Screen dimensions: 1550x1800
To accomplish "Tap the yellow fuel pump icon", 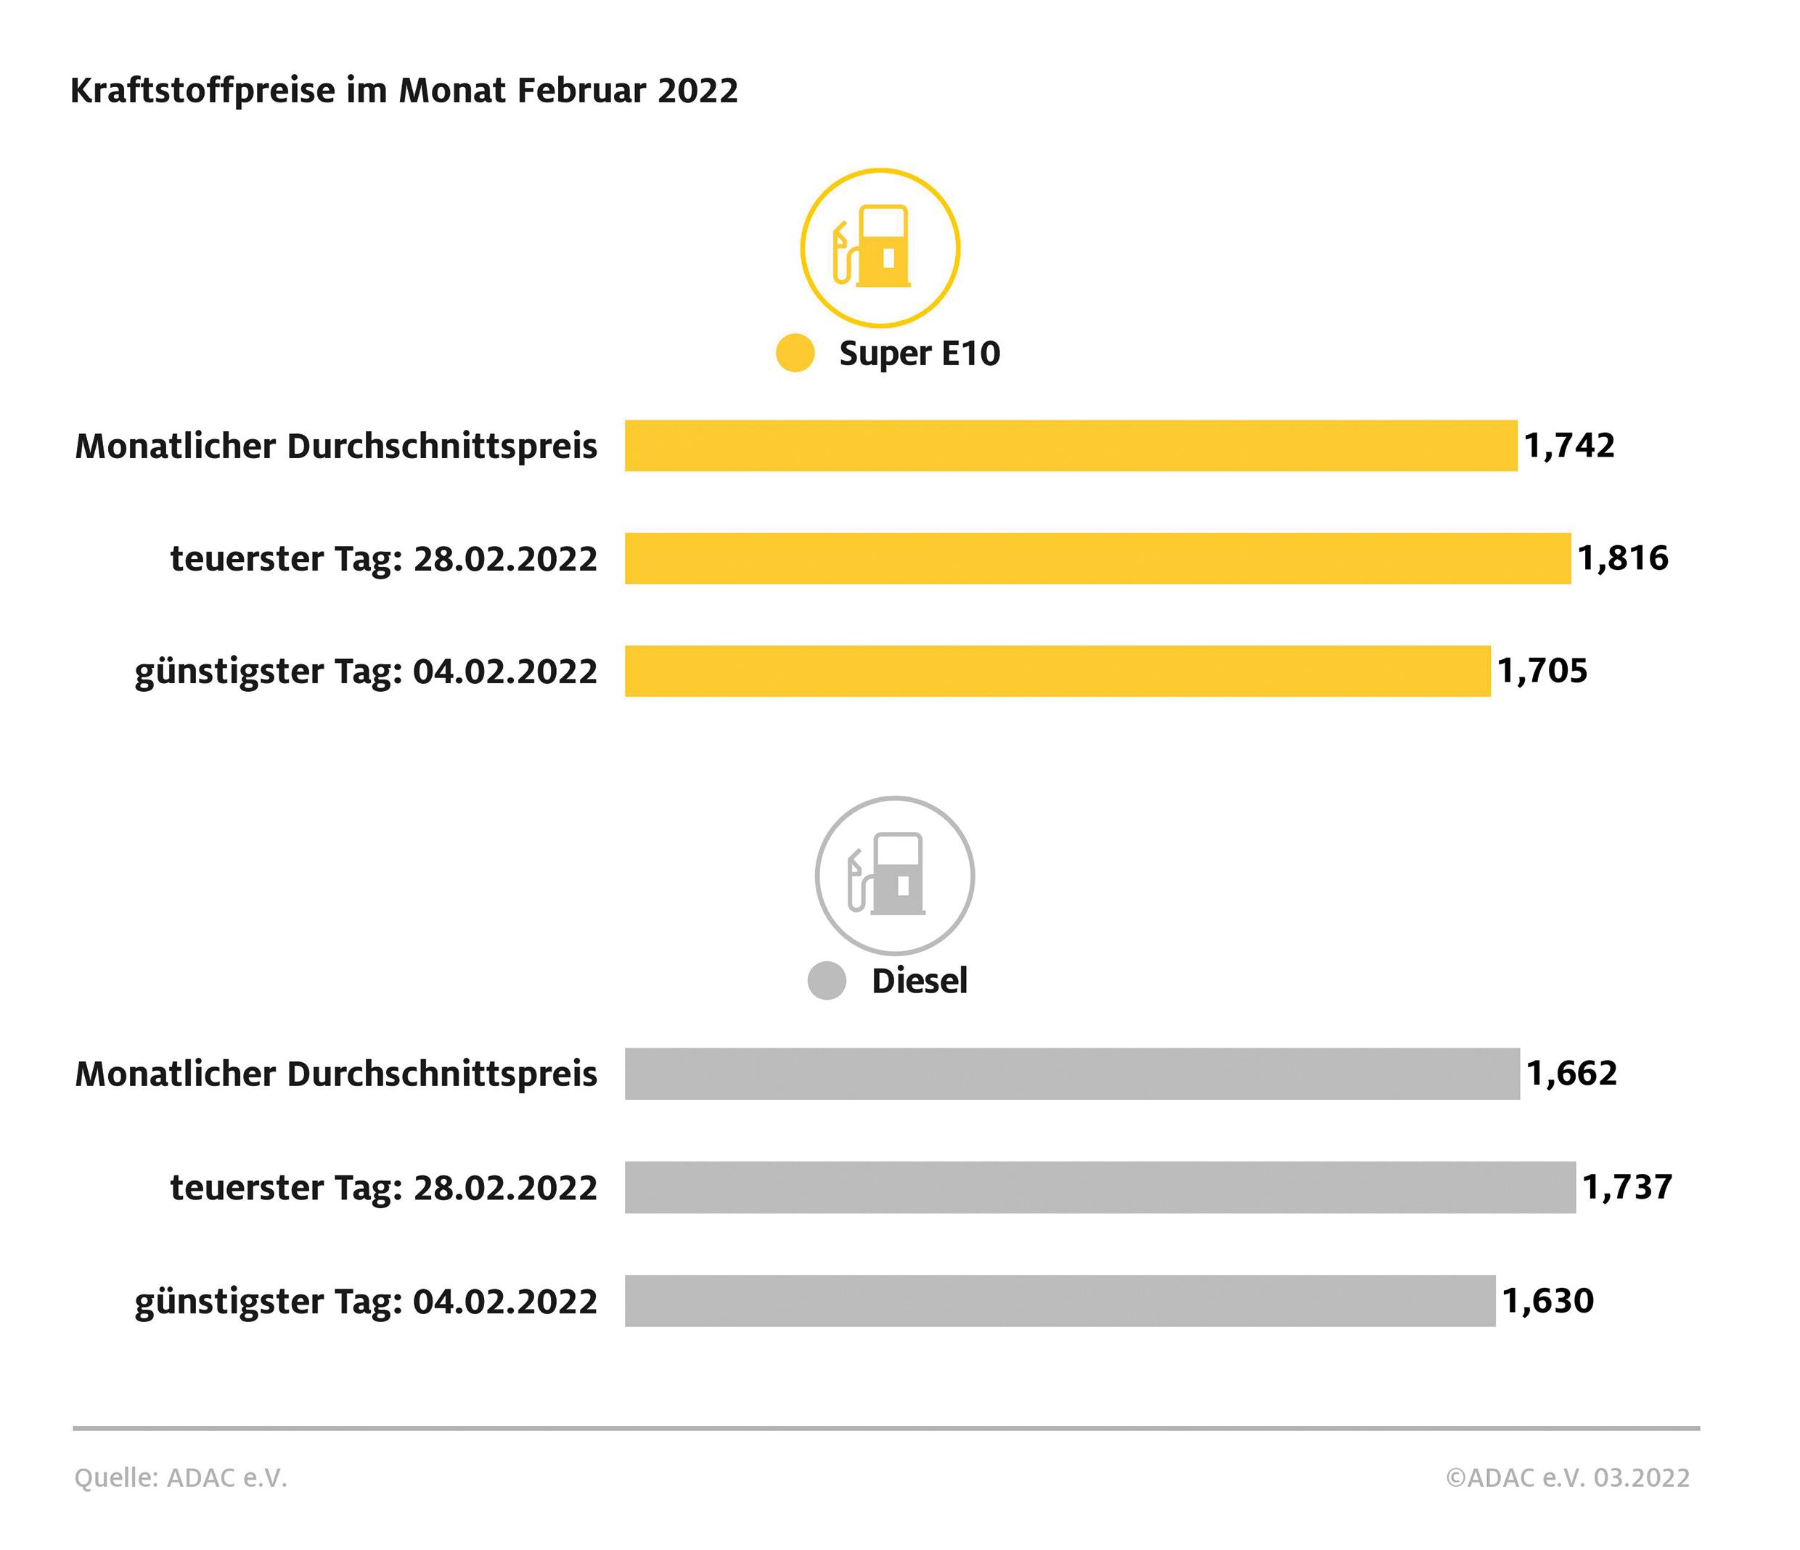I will click(x=879, y=248).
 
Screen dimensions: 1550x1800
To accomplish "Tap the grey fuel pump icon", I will click(x=894, y=875).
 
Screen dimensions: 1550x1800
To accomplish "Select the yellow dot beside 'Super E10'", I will click(x=795, y=353).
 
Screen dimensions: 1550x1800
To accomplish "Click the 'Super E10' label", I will click(x=919, y=354).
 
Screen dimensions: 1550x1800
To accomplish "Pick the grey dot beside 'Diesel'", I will click(x=826, y=981).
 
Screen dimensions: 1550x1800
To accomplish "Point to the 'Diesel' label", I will click(x=919, y=982).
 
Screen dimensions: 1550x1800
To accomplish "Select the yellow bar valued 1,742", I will click(x=1071, y=446).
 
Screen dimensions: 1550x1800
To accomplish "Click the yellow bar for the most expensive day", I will click(x=1097, y=558).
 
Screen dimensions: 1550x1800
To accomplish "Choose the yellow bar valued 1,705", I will click(x=1057, y=671).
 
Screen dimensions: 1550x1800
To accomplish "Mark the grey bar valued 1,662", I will click(x=1072, y=1074).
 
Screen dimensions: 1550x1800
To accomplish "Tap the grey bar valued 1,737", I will click(x=1100, y=1187).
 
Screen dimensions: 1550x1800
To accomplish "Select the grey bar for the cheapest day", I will click(x=1060, y=1301).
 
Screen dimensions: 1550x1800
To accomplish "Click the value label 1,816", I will click(x=1623, y=558).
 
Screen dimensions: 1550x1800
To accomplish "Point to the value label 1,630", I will click(x=1548, y=1301).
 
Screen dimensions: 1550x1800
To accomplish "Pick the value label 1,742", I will click(x=1569, y=446).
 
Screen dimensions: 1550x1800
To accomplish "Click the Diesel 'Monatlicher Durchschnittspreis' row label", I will click(x=336, y=1074).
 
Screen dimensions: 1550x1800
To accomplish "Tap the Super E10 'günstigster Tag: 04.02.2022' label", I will click(x=366, y=672).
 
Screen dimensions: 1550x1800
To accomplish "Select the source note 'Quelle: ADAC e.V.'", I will click(x=181, y=1478).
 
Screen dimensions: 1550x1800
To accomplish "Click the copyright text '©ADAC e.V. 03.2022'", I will click(x=1567, y=1478).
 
